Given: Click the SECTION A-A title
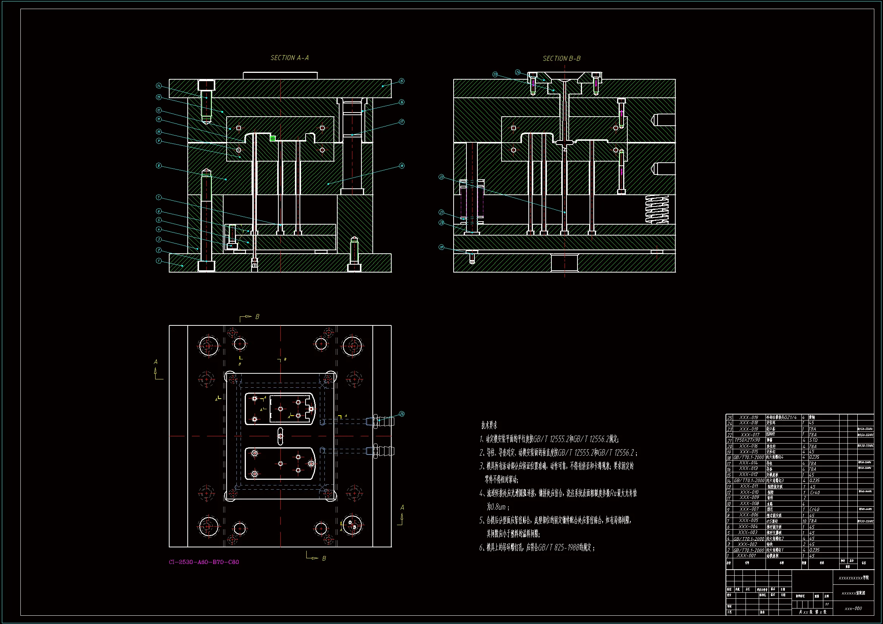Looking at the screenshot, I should pos(289,58).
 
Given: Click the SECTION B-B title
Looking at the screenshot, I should pos(561,59).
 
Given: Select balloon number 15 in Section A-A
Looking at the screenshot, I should pos(401,81).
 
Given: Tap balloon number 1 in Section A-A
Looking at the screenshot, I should pos(159,261).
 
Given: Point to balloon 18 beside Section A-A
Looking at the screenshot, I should pos(401,166).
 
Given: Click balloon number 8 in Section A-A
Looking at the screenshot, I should pos(159,166).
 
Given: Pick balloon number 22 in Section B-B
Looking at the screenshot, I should pos(441,177).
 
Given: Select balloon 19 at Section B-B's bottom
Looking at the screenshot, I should pos(441,247).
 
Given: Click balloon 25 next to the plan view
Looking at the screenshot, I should pos(401,414).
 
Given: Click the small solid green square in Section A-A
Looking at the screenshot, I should pos(273,139).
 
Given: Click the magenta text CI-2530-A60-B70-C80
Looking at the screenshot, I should pos(204,562).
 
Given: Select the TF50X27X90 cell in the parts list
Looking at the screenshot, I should pos(747,440).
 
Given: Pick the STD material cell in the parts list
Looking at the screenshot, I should pos(813,440).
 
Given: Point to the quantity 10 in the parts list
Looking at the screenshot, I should pos(804,521).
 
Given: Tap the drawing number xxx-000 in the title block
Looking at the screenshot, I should pos(853,609).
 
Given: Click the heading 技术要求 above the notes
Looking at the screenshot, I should pos(489,425).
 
